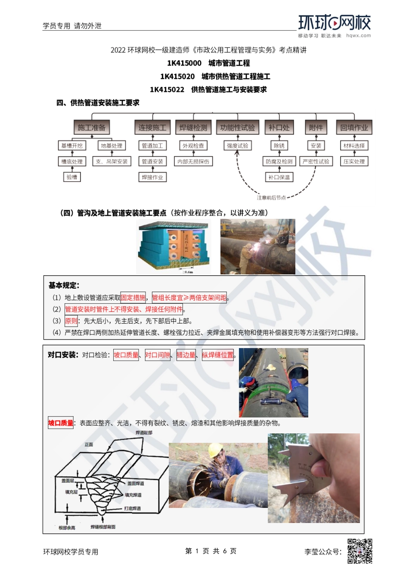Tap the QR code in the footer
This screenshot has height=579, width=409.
pyautogui.click(x=359, y=551)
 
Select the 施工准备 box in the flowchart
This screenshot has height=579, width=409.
pyautogui.click(x=91, y=128)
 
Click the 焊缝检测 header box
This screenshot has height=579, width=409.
pyautogui.click(x=193, y=128)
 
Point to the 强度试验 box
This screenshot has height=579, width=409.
pyautogui.click(x=237, y=146)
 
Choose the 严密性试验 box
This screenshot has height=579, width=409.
pyautogui.click(x=316, y=162)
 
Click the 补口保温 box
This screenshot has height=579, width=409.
pyautogui.click(x=279, y=177)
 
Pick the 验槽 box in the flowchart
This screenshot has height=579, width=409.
pyautogui.click(x=72, y=177)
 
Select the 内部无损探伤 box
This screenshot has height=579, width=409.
pyautogui.click(x=193, y=162)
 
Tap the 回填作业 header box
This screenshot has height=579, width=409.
pyautogui.click(x=354, y=128)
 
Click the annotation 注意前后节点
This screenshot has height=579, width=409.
pyautogui.click(x=271, y=198)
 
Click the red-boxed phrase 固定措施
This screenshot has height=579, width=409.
pyautogui.click(x=133, y=298)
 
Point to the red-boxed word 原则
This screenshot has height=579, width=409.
pyautogui.click(x=71, y=321)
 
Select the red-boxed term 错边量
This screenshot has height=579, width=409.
pyautogui.click(x=186, y=355)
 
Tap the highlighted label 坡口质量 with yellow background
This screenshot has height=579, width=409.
pyautogui.click(x=61, y=423)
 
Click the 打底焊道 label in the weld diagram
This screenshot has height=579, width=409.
pyautogui.click(x=132, y=508)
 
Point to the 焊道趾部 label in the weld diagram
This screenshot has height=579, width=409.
pyautogui.click(x=144, y=433)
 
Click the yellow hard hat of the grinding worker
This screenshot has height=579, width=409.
pyautogui.click(x=215, y=450)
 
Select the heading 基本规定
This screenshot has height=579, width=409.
pyautogui.click(x=64, y=285)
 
